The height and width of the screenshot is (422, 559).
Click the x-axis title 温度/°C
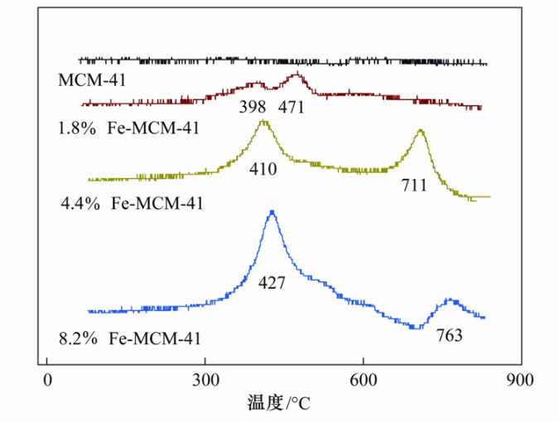(278, 404)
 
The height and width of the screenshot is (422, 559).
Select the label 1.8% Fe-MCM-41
(129, 128)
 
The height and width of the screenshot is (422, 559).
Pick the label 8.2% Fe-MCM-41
(131, 338)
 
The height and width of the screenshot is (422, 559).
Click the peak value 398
(252, 107)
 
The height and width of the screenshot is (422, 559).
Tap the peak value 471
(292, 107)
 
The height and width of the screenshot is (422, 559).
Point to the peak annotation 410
(263, 170)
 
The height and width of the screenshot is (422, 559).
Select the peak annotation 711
(413, 185)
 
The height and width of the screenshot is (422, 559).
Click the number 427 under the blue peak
(272, 283)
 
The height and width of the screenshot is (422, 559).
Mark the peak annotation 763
(448, 336)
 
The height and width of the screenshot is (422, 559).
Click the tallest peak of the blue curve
(272, 213)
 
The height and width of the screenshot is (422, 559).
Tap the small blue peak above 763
(450, 300)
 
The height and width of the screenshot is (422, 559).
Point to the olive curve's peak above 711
(421, 131)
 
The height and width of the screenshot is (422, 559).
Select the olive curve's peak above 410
(263, 122)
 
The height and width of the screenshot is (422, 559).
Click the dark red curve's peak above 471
(296, 75)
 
